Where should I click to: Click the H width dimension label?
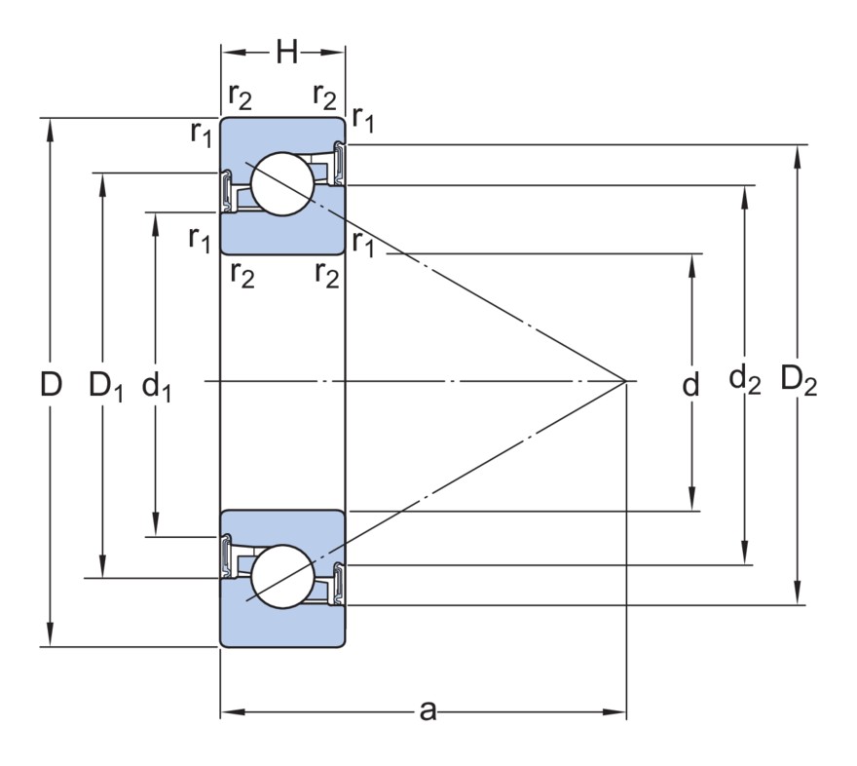click(286, 52)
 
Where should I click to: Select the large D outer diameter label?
click(51, 384)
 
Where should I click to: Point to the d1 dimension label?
click(157, 387)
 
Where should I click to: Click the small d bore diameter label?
click(690, 386)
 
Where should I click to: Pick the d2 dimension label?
click(745, 379)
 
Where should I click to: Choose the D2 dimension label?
click(799, 379)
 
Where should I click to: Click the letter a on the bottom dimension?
click(427, 711)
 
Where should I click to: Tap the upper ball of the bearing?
click(280, 183)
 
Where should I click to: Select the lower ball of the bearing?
click(281, 575)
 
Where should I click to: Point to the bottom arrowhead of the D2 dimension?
click(799, 596)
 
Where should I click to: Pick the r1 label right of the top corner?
click(363, 119)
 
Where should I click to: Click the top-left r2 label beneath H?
click(240, 96)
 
